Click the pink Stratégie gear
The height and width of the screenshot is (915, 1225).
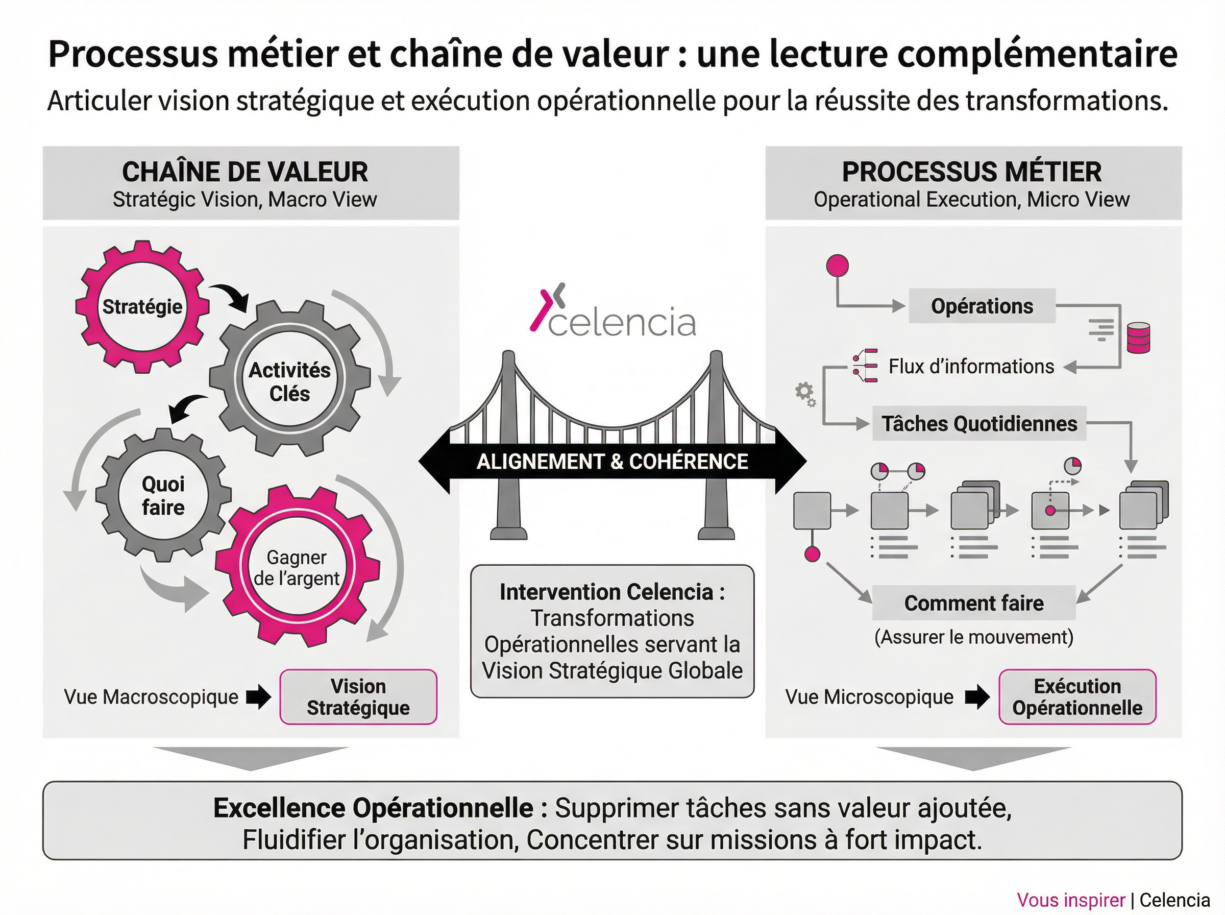point(142,306)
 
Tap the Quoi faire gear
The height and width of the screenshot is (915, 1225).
point(163,495)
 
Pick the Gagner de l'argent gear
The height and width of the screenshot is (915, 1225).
point(297,568)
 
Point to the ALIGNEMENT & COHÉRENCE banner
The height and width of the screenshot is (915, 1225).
point(612,462)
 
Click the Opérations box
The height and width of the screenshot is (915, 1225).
point(982,306)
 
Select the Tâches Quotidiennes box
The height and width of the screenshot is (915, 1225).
point(978,424)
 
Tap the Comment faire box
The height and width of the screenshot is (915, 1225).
point(974,603)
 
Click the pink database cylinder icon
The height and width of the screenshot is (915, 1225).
point(1138,338)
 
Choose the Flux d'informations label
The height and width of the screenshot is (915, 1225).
point(971,366)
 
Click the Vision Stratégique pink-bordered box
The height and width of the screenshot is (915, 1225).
point(358,697)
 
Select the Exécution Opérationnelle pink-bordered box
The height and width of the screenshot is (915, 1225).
point(1076,697)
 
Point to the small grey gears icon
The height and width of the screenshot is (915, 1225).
point(805,394)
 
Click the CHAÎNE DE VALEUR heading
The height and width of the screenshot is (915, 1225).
point(244,172)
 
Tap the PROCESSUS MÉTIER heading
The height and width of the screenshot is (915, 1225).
point(971,172)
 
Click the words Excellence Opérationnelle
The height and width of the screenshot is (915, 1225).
point(373,808)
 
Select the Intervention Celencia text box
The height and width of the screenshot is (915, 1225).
point(612,631)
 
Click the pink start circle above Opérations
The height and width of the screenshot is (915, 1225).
point(837,266)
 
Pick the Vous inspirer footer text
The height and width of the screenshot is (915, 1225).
point(1070,900)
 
